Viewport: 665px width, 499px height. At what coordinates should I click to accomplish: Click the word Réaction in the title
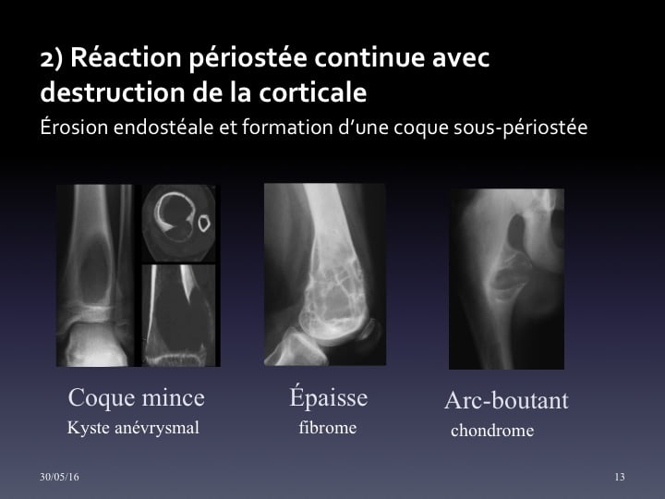pyautogui.click(x=126, y=57)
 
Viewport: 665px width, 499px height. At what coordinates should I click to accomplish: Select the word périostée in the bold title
pyautogui.click(x=248, y=58)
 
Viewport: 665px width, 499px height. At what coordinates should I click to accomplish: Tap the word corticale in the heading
pyautogui.click(x=312, y=92)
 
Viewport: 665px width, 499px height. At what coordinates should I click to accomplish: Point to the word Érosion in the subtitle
pyautogui.click(x=74, y=128)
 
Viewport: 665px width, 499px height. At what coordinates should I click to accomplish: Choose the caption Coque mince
pyautogui.click(x=136, y=397)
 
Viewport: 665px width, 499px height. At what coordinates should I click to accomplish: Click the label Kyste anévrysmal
pyautogui.click(x=133, y=428)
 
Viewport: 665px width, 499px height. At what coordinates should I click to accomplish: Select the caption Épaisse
pyautogui.click(x=328, y=397)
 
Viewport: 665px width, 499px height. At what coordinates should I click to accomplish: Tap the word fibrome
pyautogui.click(x=327, y=427)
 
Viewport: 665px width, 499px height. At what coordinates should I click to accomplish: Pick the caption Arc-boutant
pyautogui.click(x=506, y=400)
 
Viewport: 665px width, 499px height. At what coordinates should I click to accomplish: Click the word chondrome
pyautogui.click(x=492, y=431)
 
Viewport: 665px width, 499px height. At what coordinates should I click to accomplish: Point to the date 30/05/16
pyautogui.click(x=59, y=477)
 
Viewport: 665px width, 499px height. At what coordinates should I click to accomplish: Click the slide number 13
pyautogui.click(x=620, y=477)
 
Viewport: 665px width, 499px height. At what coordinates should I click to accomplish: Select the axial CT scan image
pyautogui.click(x=178, y=224)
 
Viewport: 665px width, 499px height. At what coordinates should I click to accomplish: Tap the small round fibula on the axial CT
pyautogui.click(x=204, y=224)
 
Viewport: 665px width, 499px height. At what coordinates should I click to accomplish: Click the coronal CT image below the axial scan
pyautogui.click(x=178, y=315)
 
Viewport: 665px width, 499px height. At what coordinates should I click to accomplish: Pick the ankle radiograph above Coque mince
pyautogui.click(x=95, y=275)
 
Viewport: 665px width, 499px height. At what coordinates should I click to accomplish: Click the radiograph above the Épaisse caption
pyautogui.click(x=325, y=274)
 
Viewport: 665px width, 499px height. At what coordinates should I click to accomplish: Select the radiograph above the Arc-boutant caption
pyautogui.click(x=506, y=279)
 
